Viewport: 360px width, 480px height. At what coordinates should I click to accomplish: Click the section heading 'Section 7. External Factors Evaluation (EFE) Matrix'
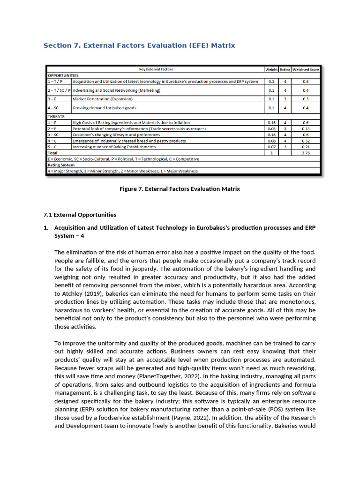pyautogui.click(x=139, y=45)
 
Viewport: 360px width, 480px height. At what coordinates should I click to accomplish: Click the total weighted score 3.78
pyautogui.click(x=306, y=152)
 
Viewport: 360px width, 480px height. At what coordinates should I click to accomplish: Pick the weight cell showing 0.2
pyautogui.click(x=271, y=81)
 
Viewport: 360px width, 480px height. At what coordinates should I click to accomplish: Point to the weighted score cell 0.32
pyautogui.click(x=306, y=141)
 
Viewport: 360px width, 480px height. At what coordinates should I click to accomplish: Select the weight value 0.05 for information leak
pyautogui.click(x=271, y=128)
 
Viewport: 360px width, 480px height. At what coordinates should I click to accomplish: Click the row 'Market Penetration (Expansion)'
pyautogui.click(x=103, y=99)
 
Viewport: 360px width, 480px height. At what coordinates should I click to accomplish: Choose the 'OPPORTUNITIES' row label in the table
pyautogui.click(x=63, y=75)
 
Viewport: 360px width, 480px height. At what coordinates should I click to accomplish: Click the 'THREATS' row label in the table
pyautogui.click(x=56, y=116)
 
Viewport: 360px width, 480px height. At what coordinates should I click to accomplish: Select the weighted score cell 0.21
pyautogui.click(x=306, y=147)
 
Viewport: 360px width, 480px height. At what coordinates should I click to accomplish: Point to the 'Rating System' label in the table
pyautogui.click(x=61, y=165)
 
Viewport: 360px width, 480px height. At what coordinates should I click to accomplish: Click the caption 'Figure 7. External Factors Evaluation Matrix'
pyautogui.click(x=180, y=189)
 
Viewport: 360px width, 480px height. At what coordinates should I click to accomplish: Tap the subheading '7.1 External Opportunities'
pyautogui.click(x=80, y=215)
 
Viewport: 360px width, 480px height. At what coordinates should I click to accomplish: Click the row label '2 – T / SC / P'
pyautogui.click(x=59, y=90)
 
